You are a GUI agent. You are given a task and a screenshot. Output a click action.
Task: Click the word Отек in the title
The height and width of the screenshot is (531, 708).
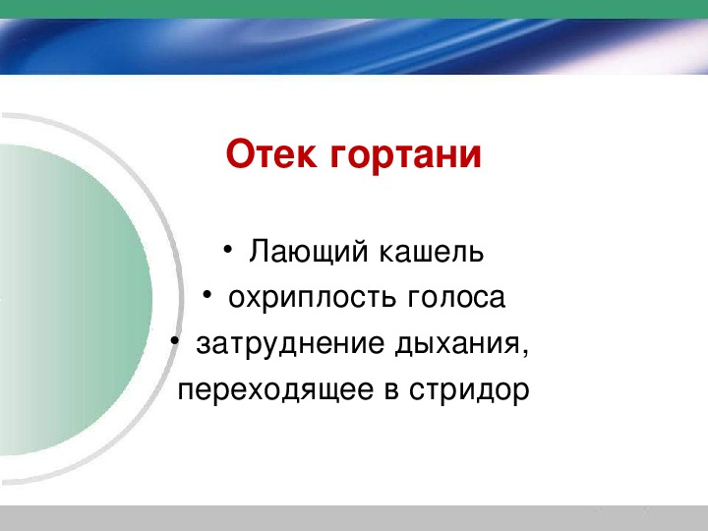[271, 154]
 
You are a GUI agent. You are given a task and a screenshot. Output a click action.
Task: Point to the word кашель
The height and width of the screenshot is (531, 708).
[432, 252]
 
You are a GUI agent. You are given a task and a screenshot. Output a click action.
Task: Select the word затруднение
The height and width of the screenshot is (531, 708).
[290, 344]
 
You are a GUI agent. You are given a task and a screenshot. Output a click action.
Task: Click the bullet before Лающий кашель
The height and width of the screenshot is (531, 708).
[228, 249]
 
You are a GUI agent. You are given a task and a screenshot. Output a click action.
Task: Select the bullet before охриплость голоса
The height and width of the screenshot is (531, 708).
[207, 295]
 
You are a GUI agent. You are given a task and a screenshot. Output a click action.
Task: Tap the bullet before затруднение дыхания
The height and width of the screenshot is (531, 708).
[175, 341]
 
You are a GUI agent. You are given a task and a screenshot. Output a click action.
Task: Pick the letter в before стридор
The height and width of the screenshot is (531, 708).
[391, 391]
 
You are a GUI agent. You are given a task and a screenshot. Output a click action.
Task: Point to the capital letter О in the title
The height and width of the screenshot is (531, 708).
[239, 154]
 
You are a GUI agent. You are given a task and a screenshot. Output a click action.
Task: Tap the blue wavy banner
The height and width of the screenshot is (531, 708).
[354, 46]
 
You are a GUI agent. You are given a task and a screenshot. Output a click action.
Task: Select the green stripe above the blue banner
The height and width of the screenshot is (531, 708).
[354, 9]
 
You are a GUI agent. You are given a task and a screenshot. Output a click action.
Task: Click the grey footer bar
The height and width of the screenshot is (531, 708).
[354, 518]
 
